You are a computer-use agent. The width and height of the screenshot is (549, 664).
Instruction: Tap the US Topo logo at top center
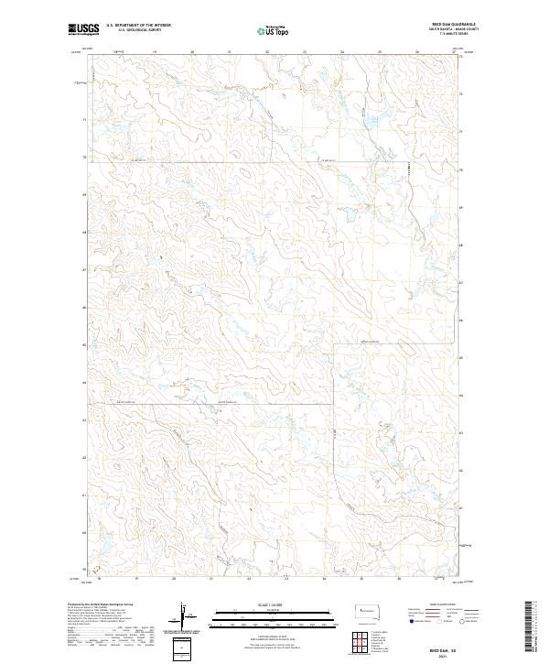tap(274, 29)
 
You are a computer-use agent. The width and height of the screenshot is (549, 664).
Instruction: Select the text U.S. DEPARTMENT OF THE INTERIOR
tap(138, 25)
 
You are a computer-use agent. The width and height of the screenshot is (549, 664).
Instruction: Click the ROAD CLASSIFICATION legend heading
tap(437, 605)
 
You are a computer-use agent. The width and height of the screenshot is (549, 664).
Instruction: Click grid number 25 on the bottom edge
tap(362, 580)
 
